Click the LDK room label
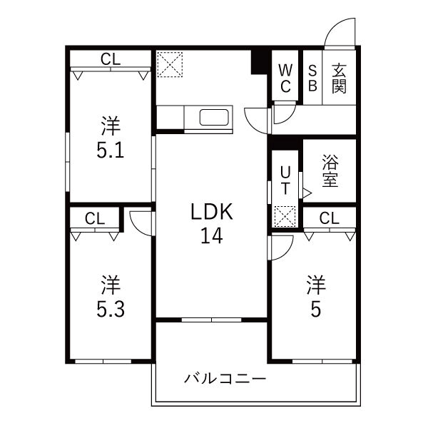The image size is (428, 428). pos(212,212)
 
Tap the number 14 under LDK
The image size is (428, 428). pos(212,235)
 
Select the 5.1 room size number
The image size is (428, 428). pos(111,151)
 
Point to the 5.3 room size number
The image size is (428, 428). pos(111,309)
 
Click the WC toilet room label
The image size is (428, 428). pos(285,78)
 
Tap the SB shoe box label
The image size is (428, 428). pos(312,78)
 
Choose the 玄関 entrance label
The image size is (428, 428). pos(339,78)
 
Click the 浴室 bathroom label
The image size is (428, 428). pos(329,170)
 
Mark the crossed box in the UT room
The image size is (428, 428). pos(285,215)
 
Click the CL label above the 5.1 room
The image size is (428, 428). pos(111,59)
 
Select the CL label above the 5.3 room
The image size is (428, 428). pos(95,218)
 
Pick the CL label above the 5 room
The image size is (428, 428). pos(329,218)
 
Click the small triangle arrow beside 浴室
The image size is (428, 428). pos(306,192)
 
